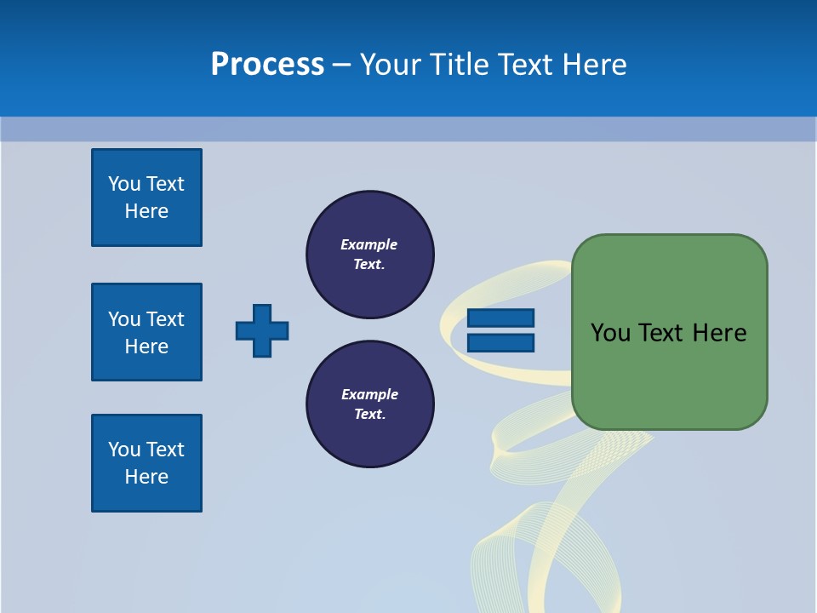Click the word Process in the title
267,65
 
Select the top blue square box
146,198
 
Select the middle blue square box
146,332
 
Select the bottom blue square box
146,463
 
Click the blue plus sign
262,330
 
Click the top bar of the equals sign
500,318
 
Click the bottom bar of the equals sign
500,342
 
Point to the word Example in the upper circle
369,244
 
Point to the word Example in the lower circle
369,394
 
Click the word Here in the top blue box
146,211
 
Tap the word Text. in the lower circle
369,415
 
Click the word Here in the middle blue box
146,347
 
